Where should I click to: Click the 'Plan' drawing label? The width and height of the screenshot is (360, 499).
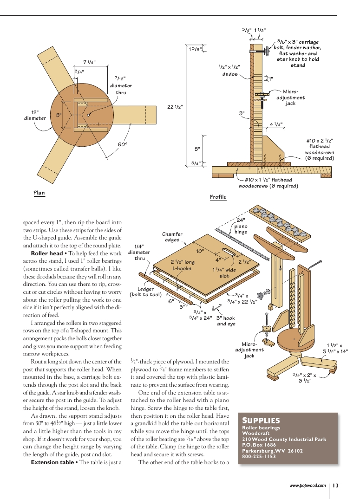[39, 193]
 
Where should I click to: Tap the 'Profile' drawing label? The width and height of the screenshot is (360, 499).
[218, 197]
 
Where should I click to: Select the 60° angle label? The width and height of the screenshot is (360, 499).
[123, 145]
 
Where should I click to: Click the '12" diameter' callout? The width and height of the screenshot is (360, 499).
[35, 115]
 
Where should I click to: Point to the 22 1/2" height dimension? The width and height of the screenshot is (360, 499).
[175, 107]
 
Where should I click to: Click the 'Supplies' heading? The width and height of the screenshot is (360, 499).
[261, 421]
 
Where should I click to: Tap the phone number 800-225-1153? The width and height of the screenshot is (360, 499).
[259, 456]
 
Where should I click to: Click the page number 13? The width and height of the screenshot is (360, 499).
[335, 485]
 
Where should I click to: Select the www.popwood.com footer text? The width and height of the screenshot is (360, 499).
[308, 485]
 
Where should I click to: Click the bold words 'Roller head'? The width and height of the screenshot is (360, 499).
[46, 254]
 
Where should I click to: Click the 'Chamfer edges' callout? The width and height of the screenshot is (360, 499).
[172, 237]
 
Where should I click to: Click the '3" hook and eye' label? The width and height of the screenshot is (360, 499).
[226, 321]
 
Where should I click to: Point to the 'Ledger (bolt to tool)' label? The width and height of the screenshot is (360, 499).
[145, 292]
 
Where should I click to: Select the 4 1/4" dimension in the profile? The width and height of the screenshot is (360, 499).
[275, 124]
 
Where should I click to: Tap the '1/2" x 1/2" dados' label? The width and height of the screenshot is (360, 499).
[229, 70]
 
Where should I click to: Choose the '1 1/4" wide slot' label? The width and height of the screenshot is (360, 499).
[224, 272]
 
